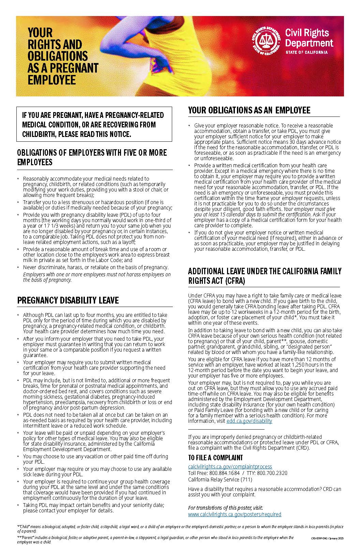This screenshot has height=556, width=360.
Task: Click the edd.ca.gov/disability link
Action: pyautogui.click(x=249, y=421)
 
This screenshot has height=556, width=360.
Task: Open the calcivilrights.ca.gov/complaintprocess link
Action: pyautogui.click(x=230, y=466)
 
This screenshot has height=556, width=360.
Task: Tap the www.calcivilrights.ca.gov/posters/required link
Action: pyautogui.click(x=235, y=514)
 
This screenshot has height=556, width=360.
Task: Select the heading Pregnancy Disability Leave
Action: pyautogui.click(x=68, y=300)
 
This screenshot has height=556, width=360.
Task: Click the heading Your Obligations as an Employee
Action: pyautogui.click(x=249, y=110)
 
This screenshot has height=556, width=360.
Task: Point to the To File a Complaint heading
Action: pyautogui.click(x=215, y=458)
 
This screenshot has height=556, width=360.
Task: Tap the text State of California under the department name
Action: pyautogui.click(x=306, y=52)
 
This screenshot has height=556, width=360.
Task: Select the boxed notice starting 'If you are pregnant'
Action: pyautogui.click(x=94, y=124)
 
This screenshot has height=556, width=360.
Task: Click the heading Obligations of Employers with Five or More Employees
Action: pyautogui.click(x=92, y=157)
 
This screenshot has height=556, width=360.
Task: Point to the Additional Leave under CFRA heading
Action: pyautogui.click(x=264, y=276)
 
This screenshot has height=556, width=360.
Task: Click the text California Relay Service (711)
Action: pyautogui.click(x=220, y=479)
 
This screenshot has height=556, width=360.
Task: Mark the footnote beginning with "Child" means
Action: pyautogui.click(x=180, y=528)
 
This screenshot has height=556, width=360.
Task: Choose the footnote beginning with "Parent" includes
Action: pyautogui.click(x=155, y=539)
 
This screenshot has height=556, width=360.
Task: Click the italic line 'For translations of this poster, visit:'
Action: pyautogui.click(x=225, y=508)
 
